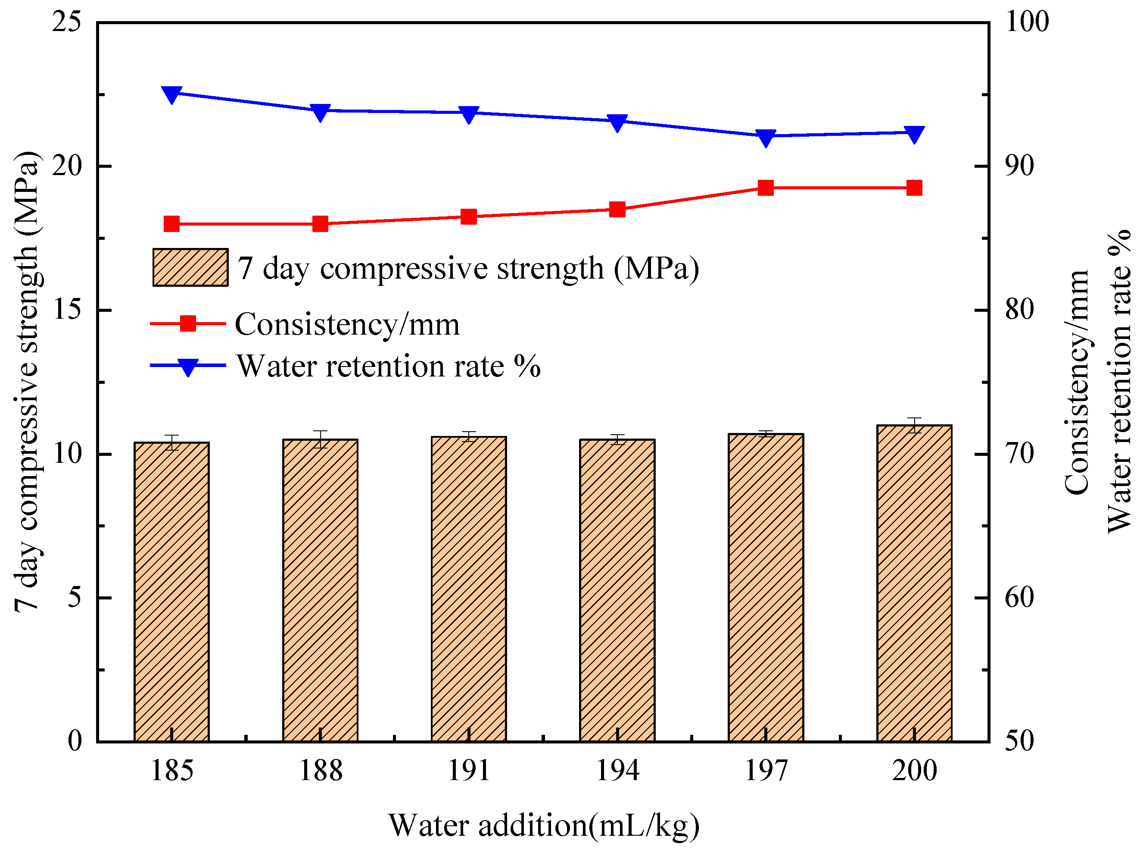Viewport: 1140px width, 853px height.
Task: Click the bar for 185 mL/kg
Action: [171, 593]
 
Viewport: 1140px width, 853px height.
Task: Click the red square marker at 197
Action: [766, 188]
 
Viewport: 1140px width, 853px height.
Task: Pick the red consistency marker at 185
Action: [171, 224]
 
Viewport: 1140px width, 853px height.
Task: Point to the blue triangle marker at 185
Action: [171, 94]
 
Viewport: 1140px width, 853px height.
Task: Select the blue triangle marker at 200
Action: [914, 134]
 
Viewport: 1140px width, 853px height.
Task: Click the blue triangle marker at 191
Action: [468, 114]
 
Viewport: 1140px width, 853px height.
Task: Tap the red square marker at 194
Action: [617, 210]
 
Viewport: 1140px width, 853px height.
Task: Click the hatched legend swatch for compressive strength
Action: [190, 267]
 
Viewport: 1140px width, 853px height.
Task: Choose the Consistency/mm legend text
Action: [347, 324]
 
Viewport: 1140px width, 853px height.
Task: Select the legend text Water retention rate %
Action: [388, 366]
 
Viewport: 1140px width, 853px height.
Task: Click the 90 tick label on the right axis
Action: [1019, 166]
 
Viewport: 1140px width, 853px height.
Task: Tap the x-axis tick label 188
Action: [321, 771]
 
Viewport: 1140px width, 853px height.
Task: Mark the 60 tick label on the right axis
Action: [1019, 598]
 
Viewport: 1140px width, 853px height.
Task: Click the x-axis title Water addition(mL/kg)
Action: [544, 825]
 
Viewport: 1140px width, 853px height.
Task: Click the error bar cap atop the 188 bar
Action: [321, 431]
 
